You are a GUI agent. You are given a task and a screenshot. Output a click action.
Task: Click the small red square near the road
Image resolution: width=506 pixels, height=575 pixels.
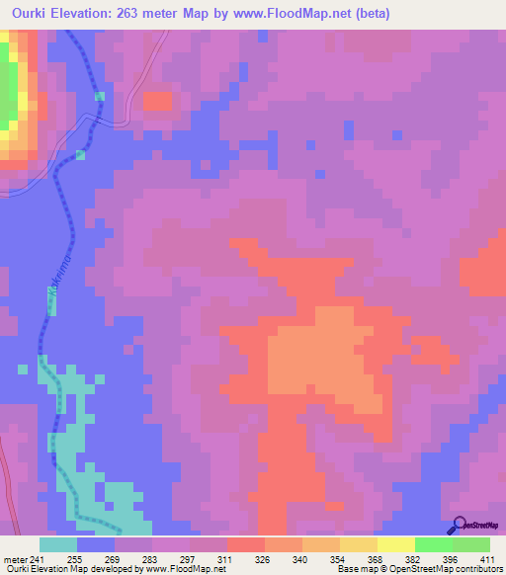[x=156, y=101]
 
